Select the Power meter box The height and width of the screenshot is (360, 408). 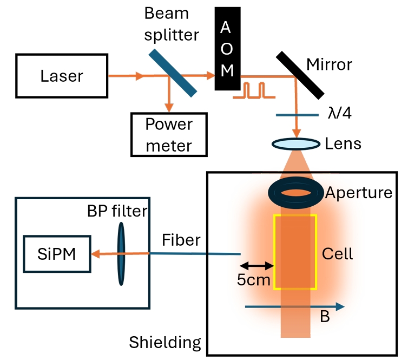click(x=169, y=134)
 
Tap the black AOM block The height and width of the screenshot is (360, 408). click(x=227, y=49)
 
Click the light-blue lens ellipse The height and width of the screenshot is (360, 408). click(x=295, y=144)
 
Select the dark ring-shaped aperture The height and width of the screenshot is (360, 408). click(x=295, y=192)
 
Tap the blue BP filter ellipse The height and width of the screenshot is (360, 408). click(x=121, y=253)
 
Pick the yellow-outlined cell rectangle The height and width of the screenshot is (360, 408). click(x=295, y=252)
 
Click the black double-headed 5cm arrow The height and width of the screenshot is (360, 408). click(x=257, y=265)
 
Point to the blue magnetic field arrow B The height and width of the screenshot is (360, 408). click(x=295, y=307)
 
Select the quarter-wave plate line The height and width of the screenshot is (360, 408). click(x=297, y=115)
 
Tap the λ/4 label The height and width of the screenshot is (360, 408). click(x=341, y=114)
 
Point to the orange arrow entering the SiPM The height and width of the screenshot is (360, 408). click(x=103, y=253)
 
